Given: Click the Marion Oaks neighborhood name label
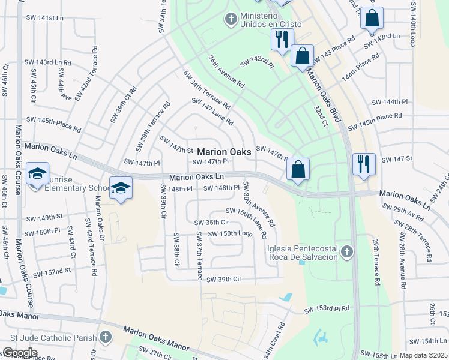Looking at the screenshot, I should (x=224, y=152).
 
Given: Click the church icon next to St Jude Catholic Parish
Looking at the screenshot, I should (x=106, y=337).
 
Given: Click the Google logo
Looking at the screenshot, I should (x=19, y=353).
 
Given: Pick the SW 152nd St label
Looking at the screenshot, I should (x=52, y=272).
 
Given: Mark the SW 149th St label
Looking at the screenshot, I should (x=44, y=217).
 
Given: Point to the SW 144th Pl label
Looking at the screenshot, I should (x=390, y=103).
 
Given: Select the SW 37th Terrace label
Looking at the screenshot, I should (x=198, y=256).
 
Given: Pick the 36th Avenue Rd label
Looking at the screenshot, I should (x=226, y=72).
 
